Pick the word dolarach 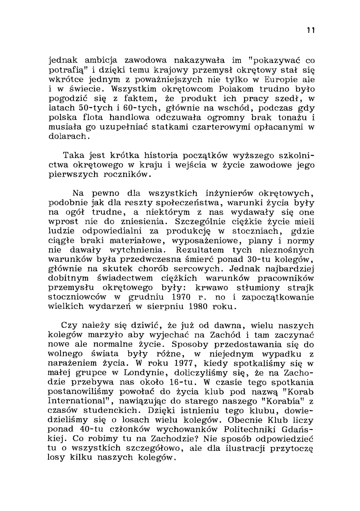(x=67, y=136)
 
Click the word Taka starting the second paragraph (x=74, y=155)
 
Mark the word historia (x=161, y=155)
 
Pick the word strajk (x=299, y=288)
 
